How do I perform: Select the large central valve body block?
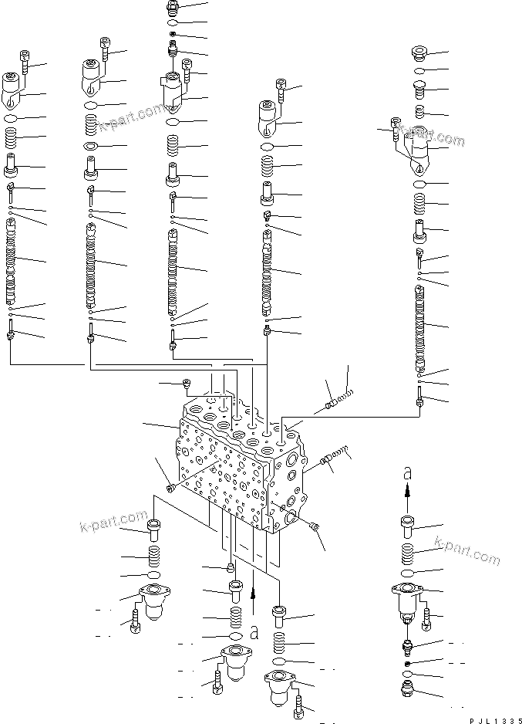click(231, 471)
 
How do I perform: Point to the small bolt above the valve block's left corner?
click(186, 383)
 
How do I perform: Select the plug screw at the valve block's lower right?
click(315, 526)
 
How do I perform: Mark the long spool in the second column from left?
click(92, 262)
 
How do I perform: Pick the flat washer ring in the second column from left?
click(90, 146)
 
